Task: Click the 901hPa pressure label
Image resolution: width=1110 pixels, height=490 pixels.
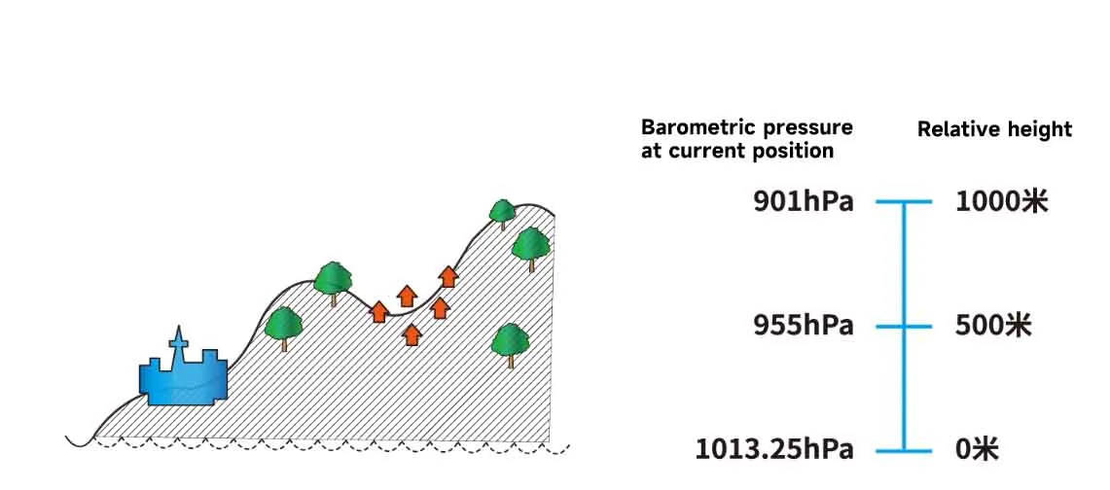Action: [x=804, y=202]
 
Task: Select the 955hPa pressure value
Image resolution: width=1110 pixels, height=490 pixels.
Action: [x=804, y=327]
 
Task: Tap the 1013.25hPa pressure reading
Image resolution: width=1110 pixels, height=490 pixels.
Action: [x=774, y=450]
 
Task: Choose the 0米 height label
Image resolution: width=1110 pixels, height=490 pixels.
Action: [x=977, y=450]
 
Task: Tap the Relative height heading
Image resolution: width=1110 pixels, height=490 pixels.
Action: [x=994, y=129]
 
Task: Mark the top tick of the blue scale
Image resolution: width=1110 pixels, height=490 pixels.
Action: [x=904, y=202]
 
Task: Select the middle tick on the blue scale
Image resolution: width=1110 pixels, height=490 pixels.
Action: [x=904, y=327]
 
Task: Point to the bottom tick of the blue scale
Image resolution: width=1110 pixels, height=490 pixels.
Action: [x=904, y=451]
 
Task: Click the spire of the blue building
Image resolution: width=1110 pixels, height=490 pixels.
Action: [x=178, y=339]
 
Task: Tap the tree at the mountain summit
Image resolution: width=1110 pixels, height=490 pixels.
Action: [x=503, y=213]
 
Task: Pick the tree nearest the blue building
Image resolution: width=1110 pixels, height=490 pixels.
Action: [x=283, y=328]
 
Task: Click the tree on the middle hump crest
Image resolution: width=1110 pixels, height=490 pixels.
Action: [x=333, y=281]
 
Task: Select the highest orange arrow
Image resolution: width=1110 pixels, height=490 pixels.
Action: [x=448, y=276]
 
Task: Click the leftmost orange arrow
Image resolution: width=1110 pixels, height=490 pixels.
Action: [x=378, y=311]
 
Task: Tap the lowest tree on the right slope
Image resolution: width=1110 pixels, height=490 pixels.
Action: [x=511, y=344]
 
